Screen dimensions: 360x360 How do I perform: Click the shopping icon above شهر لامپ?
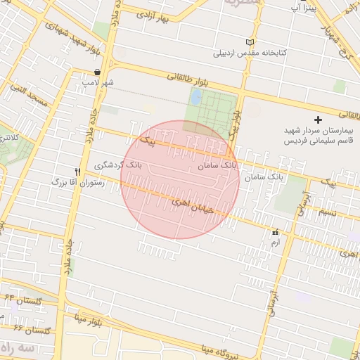pyautogui.click(x=96, y=72)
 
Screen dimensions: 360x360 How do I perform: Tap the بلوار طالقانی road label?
pyautogui.click(x=183, y=82)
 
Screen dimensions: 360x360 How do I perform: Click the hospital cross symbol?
pyautogui.click(x=319, y=120)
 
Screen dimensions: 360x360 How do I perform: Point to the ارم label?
pyautogui.click(x=274, y=242)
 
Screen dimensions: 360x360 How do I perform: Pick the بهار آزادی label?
pyautogui.click(x=154, y=15)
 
